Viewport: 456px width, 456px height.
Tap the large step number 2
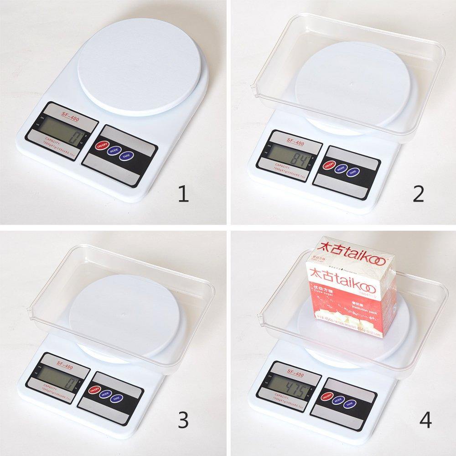[418, 194]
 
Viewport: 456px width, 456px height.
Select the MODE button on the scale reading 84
[340, 168]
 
